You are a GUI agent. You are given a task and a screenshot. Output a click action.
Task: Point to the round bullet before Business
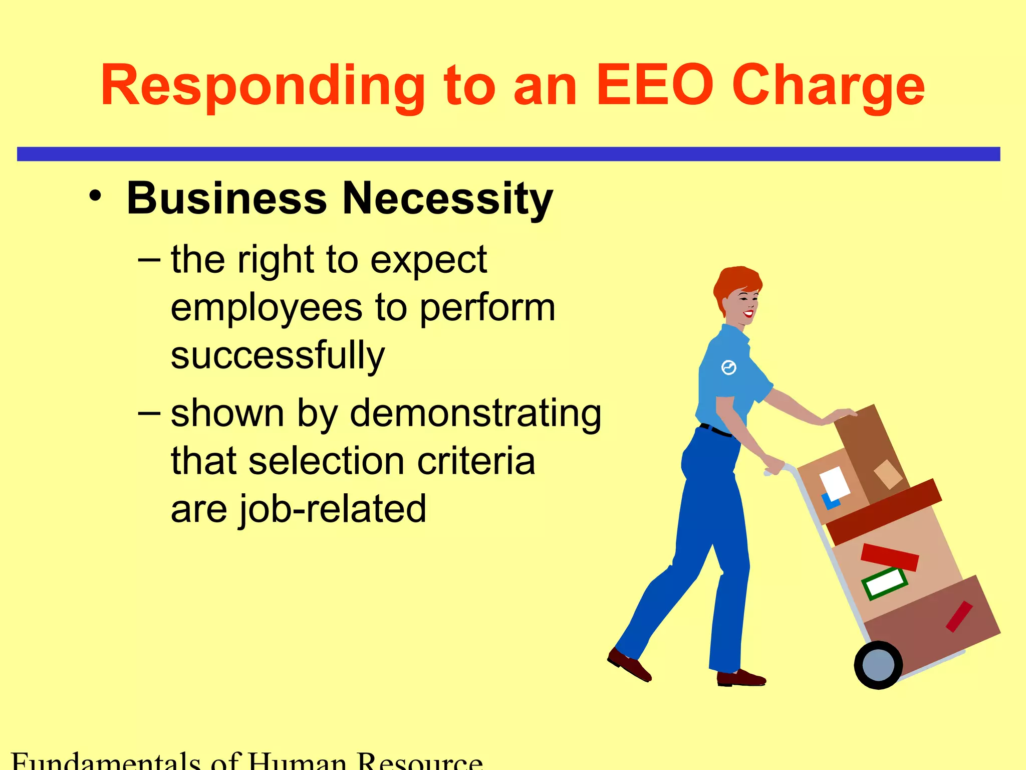pyautogui.click(x=95, y=196)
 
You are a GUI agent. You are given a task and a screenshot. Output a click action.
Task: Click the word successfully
pyautogui.click(x=278, y=356)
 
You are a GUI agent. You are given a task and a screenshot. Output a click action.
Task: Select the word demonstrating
pyautogui.click(x=475, y=414)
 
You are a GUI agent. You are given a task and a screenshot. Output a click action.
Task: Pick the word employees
pyautogui.click(x=266, y=308)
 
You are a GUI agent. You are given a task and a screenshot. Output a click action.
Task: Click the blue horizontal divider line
pyautogui.click(x=508, y=154)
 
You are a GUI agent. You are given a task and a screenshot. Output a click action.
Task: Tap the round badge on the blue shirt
pyautogui.click(x=728, y=367)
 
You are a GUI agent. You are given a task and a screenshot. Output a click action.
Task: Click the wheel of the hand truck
pyautogui.click(x=878, y=665)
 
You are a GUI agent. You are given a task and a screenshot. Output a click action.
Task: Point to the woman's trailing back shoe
pyautogui.click(x=629, y=665)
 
